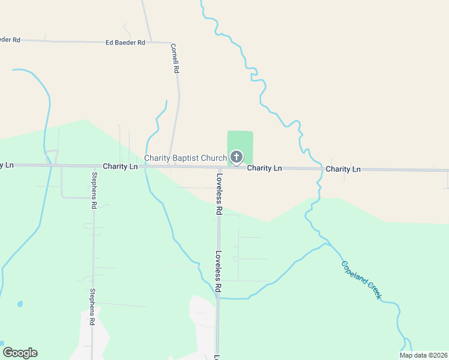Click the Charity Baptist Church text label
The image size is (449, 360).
pyautogui.click(x=185, y=158)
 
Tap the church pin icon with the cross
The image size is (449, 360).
pyautogui.click(x=237, y=158)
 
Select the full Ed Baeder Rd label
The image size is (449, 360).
pyautogui.click(x=125, y=43)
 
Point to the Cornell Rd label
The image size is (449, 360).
pyautogui.click(x=175, y=58)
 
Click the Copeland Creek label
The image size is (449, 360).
pyautogui.click(x=361, y=280)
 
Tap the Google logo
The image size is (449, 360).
pyautogui.click(x=20, y=353)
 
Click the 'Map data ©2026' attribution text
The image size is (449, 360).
pyautogui.click(x=423, y=355)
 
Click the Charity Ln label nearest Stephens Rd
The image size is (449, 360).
pyautogui.click(x=120, y=166)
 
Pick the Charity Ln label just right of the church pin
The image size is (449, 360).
pyautogui.click(x=265, y=169)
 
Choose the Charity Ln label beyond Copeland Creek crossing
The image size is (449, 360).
pyautogui.click(x=343, y=170)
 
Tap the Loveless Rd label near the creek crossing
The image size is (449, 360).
pyautogui.click(x=219, y=272)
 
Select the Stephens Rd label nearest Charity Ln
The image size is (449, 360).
pyautogui.click(x=94, y=190)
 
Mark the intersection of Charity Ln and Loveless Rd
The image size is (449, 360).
pyautogui.click(x=219, y=167)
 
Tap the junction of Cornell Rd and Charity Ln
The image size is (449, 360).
pyautogui.click(x=172, y=167)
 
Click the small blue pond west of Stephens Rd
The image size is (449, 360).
pyautogui.click(x=20, y=304)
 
